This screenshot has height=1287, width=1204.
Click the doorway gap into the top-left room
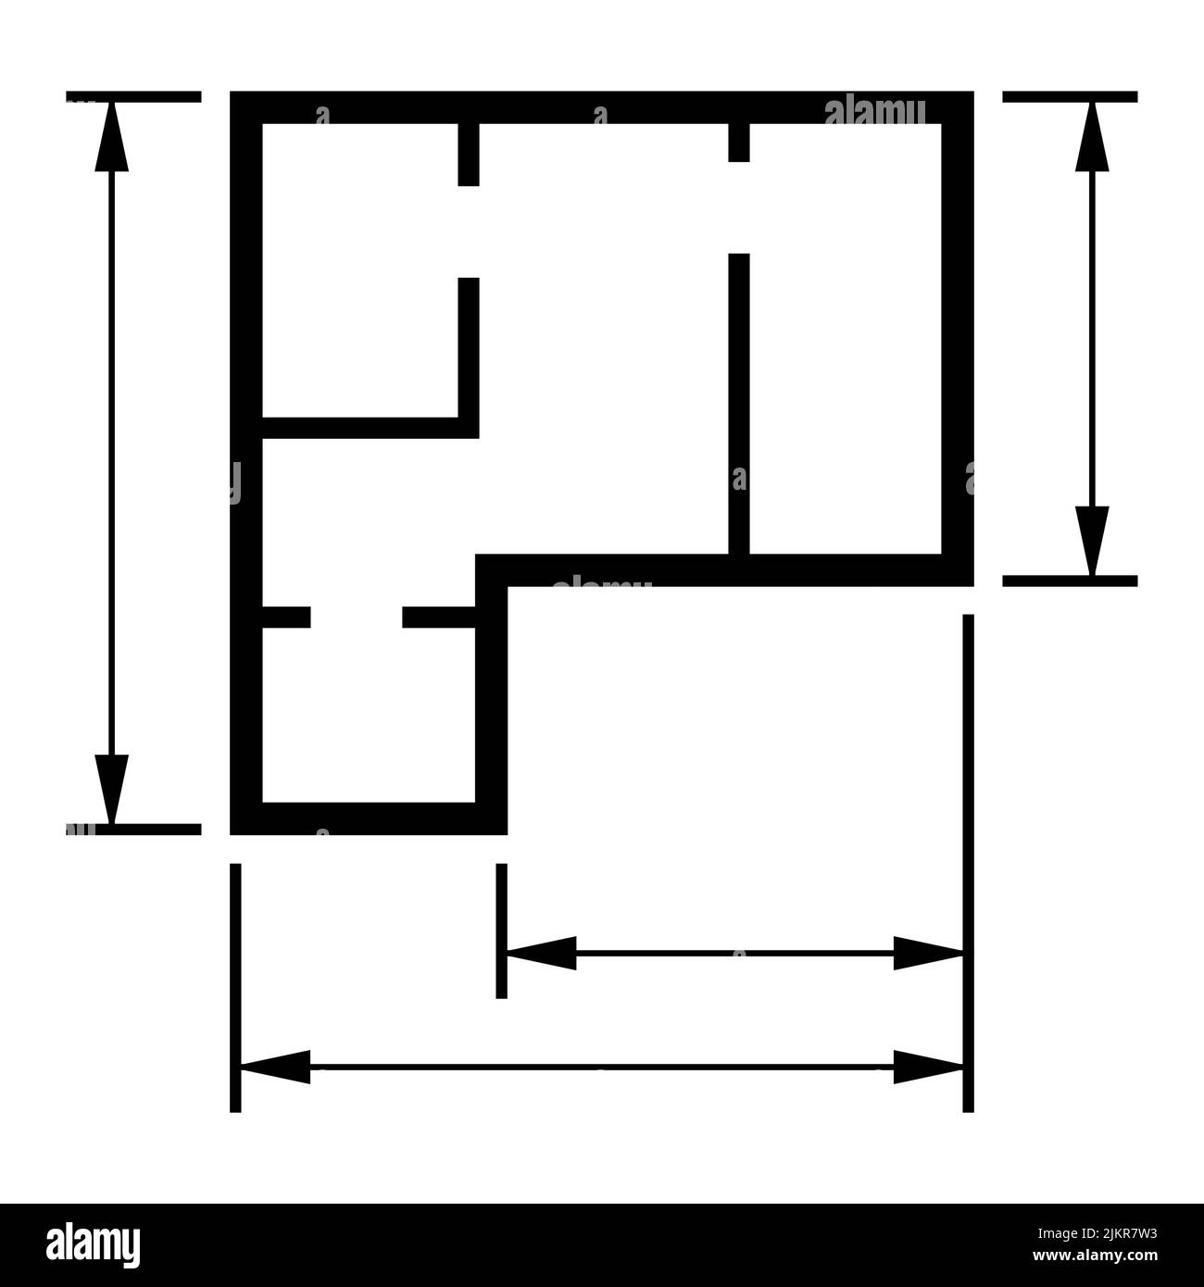coord(469,231)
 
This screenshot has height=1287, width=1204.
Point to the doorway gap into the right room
coord(738,207)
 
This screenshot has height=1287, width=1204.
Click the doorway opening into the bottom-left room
coord(356,618)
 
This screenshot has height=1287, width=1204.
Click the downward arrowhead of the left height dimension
coord(111,787)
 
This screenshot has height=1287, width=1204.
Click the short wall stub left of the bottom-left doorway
coord(286,618)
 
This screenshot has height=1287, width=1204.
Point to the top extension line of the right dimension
coord(1070,96)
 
